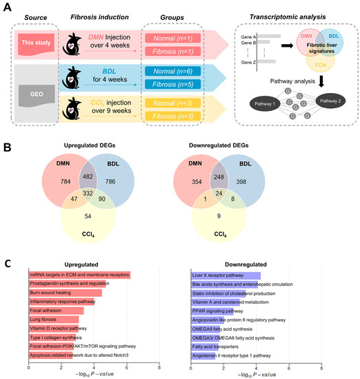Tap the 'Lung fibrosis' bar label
coord(43,319)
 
